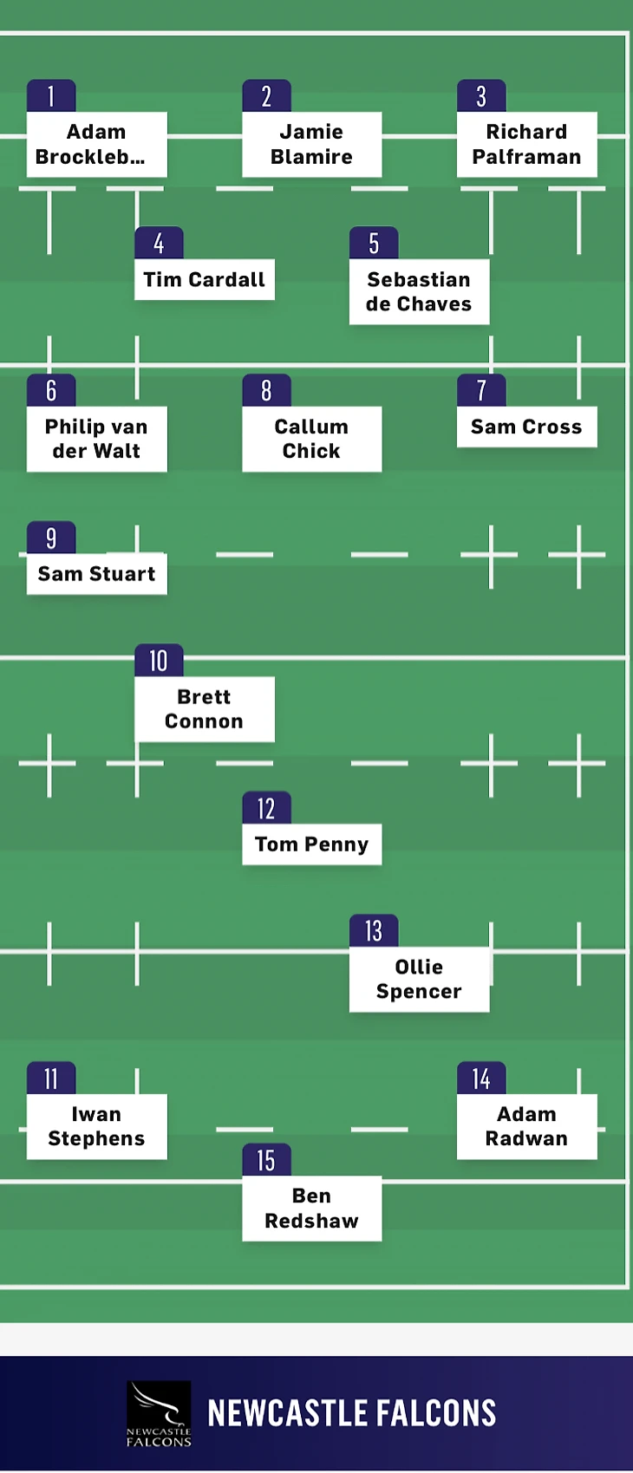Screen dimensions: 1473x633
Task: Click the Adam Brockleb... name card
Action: coord(96,145)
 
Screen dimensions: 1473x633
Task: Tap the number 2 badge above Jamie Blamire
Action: coord(266,96)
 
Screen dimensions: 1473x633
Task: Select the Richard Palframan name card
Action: coord(526,145)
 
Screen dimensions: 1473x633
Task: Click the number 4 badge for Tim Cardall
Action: coord(159,244)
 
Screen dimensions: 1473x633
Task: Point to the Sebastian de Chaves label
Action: coord(419,292)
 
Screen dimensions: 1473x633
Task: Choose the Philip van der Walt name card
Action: coord(96,440)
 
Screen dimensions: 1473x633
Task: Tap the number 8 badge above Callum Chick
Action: coord(266,391)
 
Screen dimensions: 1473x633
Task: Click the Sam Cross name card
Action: coord(526,427)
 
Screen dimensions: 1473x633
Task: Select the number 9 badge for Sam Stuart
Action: coord(51,538)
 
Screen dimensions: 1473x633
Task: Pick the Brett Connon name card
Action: coord(204,709)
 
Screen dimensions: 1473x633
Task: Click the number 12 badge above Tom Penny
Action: coord(266,809)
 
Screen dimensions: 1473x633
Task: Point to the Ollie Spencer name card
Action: coord(419,980)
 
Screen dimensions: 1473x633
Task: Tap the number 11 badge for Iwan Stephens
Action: coord(51,1079)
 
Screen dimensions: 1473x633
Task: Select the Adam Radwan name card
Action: coord(526,1127)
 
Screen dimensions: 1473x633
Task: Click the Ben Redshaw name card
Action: coord(311,1209)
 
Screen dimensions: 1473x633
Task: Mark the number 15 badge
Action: coord(266,1161)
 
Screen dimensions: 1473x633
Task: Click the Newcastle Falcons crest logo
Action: coord(159,1414)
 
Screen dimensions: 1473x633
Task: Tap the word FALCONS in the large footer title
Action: coord(434,1414)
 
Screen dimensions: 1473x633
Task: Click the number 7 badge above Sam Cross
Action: coord(481,391)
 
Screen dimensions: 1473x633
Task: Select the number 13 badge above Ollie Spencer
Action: coord(374,931)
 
